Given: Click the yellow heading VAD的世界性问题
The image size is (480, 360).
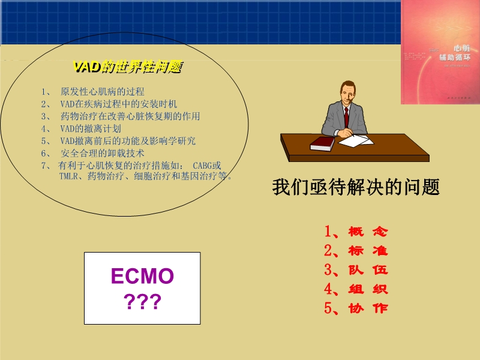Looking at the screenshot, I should tap(127, 67).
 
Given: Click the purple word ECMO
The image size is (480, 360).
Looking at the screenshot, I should tap(142, 277).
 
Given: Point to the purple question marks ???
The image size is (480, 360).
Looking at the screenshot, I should tap(142, 302).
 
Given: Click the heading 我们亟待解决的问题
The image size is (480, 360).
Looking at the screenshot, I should tap(356, 187).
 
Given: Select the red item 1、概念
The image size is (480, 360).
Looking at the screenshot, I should tap(356, 232).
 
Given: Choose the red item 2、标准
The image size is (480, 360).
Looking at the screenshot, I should tap(356, 251).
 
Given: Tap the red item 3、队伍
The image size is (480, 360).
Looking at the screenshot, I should tap(356, 270).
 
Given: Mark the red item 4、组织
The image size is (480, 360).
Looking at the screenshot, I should tap(356, 289).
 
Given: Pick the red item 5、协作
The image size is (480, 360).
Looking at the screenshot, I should tap(356, 308).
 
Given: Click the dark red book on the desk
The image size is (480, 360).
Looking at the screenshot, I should tap(322, 143).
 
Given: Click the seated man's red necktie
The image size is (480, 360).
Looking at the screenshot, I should tap(346, 116).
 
